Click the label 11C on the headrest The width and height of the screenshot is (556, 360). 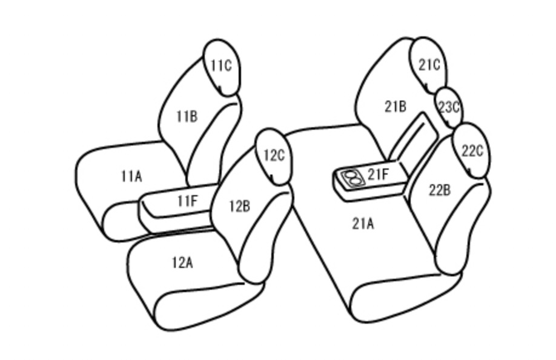(x=221, y=65)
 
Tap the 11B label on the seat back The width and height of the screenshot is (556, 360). (x=187, y=116)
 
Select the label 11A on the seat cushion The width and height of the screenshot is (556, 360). (x=131, y=176)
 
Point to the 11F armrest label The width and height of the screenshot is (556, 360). (x=187, y=201)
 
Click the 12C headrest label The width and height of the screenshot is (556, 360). (x=274, y=155)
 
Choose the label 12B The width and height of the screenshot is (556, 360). (x=240, y=206)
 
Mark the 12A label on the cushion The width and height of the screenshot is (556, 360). (x=182, y=263)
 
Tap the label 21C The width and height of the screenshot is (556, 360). (x=429, y=65)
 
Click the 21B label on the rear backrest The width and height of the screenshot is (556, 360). (x=395, y=107)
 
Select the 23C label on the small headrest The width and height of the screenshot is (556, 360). (x=449, y=107)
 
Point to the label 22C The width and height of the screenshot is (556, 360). (x=472, y=151)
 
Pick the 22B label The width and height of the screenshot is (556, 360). (x=440, y=190)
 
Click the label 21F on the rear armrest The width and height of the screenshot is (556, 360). (x=378, y=174)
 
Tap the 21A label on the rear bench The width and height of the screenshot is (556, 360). (x=363, y=224)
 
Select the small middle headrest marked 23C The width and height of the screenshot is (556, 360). (x=449, y=107)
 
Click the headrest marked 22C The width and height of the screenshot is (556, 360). (x=472, y=151)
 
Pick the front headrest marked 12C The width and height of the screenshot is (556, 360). (x=274, y=157)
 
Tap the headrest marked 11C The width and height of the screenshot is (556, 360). (x=222, y=67)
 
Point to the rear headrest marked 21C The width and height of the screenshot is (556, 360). (x=428, y=65)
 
